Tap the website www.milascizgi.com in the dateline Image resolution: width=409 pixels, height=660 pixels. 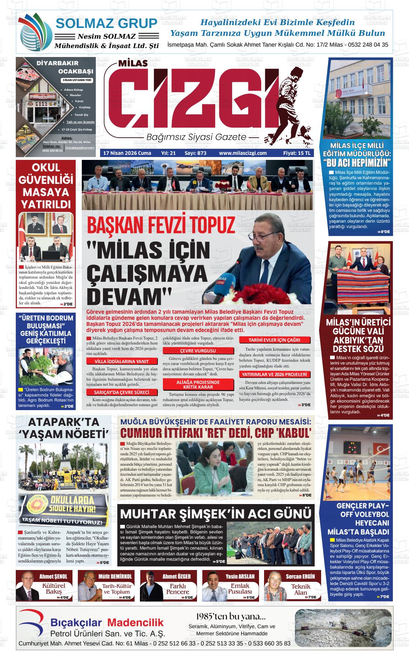tap(243, 153)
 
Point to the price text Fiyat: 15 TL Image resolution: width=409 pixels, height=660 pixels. tap(296, 153)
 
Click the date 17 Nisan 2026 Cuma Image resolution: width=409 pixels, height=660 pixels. tap(127, 153)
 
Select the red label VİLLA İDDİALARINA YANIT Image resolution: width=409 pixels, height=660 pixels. tap(121, 361)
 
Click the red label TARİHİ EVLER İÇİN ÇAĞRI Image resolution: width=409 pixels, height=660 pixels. tap(274, 340)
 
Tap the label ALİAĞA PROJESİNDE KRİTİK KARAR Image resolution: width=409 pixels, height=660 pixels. tap(198, 385)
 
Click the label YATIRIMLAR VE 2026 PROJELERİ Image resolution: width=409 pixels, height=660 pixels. tap(274, 374)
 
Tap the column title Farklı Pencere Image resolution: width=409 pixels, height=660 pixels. tap(178, 589)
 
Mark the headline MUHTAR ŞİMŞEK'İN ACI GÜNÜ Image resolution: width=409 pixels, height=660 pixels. tap(216, 513)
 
